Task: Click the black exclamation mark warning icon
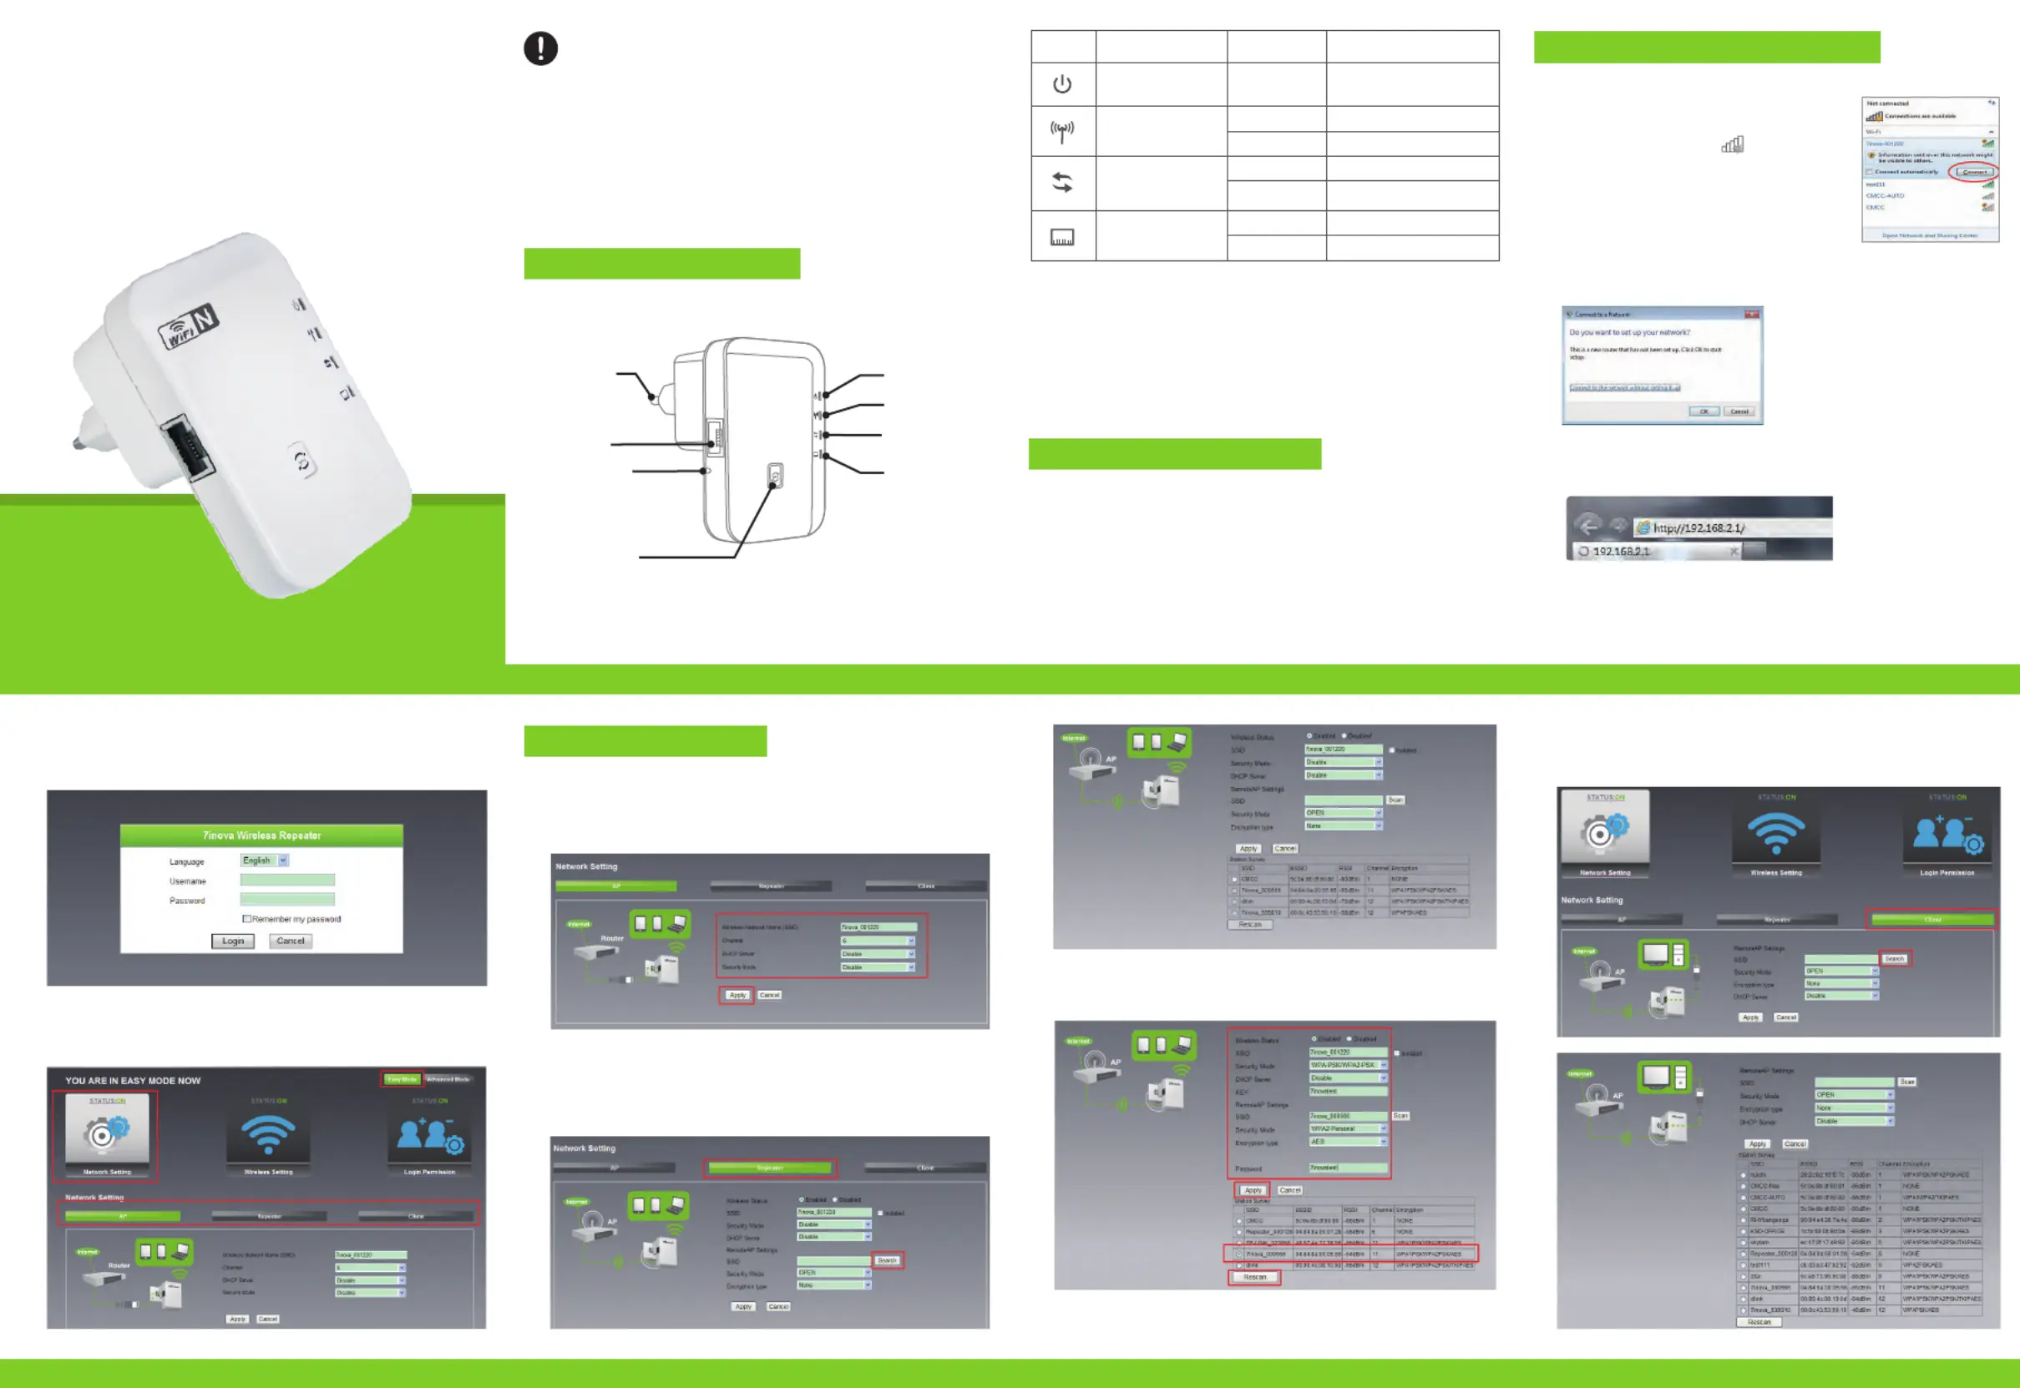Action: (540, 48)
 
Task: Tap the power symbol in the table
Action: (1061, 84)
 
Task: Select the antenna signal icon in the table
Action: (1061, 131)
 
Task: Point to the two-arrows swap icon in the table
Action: (1061, 183)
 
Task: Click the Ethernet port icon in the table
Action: (1061, 237)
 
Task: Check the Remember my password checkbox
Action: (246, 918)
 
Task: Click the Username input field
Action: (287, 880)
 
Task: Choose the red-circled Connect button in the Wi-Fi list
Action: (1973, 171)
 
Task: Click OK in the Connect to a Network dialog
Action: (1704, 411)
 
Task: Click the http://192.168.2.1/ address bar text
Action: (1699, 527)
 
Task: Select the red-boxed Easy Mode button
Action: (402, 1079)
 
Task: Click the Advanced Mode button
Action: (448, 1079)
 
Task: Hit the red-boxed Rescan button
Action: (1253, 1277)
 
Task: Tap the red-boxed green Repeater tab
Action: (769, 1168)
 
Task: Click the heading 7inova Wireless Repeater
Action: (262, 835)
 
